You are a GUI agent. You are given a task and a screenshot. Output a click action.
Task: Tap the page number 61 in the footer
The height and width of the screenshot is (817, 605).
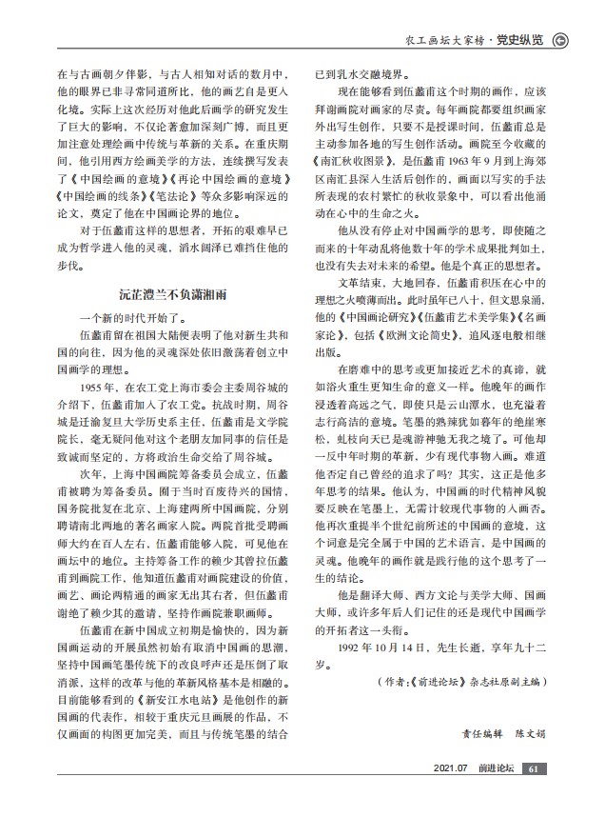(x=534, y=769)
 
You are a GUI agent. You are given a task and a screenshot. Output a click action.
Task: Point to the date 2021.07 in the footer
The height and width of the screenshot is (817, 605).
(x=450, y=769)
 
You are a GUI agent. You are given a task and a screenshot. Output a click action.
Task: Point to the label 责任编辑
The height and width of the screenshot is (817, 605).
(x=480, y=733)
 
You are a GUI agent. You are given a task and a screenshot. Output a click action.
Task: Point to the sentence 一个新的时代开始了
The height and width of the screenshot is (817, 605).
(x=128, y=319)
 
